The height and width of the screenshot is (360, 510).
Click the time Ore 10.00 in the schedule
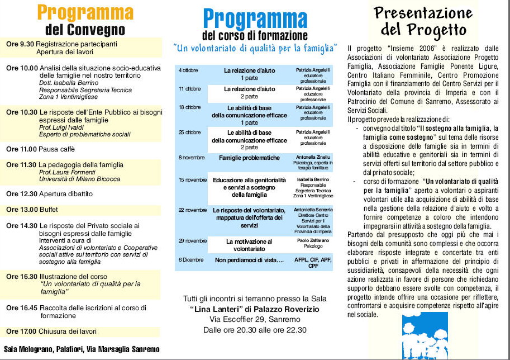point(22,68)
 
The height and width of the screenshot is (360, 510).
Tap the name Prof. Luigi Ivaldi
point(65,127)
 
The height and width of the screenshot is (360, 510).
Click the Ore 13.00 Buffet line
point(32,210)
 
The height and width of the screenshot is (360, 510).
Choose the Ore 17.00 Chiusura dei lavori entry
point(52,331)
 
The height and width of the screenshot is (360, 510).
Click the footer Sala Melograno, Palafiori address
point(82,350)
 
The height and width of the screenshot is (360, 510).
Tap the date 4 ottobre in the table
point(188,71)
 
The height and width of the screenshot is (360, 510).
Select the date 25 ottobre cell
point(190,132)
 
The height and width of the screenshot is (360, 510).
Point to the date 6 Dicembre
point(191,260)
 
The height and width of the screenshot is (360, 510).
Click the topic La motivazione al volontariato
point(249,245)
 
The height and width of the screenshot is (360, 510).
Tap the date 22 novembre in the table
point(193,210)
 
